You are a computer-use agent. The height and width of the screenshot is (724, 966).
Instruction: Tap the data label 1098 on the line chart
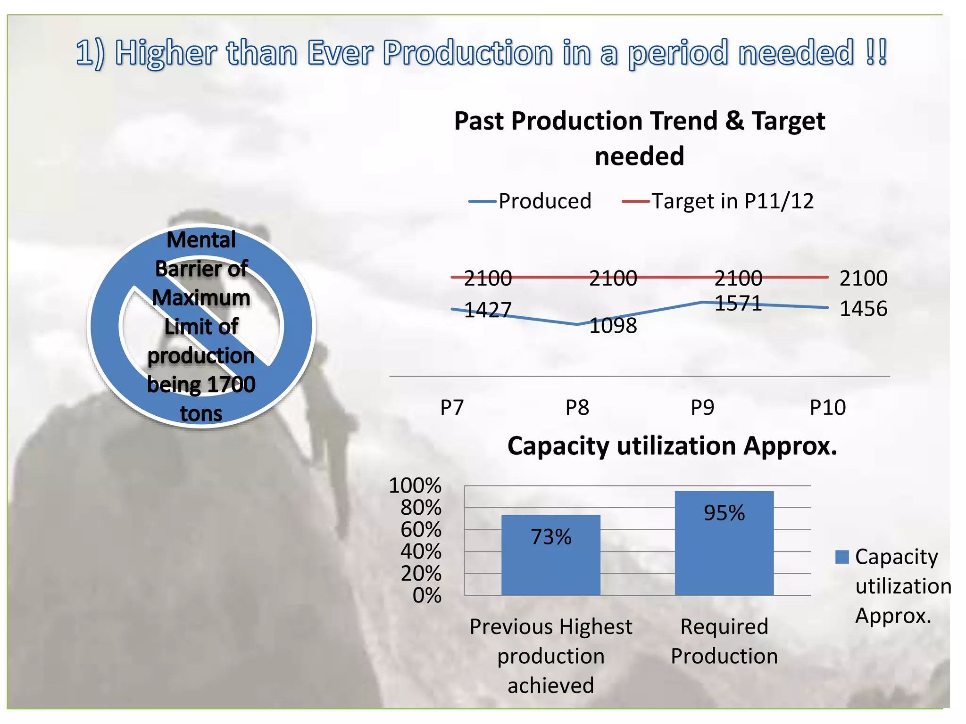point(613,326)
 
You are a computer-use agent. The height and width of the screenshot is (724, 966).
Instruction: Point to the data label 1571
point(738,303)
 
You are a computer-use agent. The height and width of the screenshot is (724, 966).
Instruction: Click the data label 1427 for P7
point(488,310)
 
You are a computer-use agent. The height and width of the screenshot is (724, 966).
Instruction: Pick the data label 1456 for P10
point(863,309)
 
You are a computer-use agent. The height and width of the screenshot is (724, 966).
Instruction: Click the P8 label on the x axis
point(577,407)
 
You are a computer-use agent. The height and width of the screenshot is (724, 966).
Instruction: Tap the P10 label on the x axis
point(827,407)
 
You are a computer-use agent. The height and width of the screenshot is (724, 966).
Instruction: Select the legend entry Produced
point(544,201)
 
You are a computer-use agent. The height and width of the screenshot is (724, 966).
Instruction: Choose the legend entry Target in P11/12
point(732,201)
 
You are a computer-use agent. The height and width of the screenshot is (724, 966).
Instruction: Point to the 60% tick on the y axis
point(421,530)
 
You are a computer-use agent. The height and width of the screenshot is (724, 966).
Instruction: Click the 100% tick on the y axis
point(415,485)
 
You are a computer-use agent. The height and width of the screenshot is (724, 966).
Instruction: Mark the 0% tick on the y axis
point(427,596)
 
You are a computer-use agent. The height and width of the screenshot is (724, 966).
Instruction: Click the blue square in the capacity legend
point(841,557)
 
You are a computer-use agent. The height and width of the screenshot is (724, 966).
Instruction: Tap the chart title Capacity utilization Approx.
point(672,446)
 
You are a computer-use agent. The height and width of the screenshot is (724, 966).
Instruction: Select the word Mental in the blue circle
point(201,240)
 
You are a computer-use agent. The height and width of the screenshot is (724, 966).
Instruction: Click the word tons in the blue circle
point(201,413)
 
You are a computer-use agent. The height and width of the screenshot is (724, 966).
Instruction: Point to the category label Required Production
point(724,641)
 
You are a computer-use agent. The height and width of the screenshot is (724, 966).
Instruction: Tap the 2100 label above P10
point(863,278)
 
